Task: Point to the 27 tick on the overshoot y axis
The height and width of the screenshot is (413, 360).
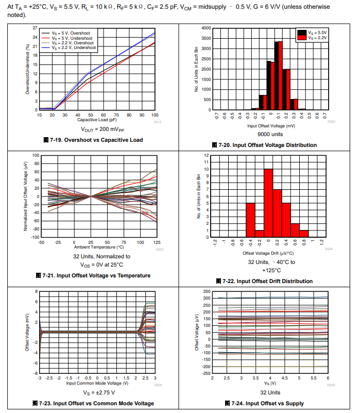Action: pyautogui.click(x=35, y=28)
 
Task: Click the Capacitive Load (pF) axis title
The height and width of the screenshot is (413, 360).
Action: pyautogui.click(x=97, y=120)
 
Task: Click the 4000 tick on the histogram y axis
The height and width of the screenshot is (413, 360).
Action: pyautogui.click(x=205, y=28)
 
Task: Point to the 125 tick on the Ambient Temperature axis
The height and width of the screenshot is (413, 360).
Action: pyautogui.click(x=155, y=242)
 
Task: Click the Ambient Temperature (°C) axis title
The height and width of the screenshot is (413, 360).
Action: pyautogui.click(x=97, y=247)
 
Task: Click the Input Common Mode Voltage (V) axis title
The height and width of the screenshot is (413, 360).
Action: pyautogui.click(x=97, y=383)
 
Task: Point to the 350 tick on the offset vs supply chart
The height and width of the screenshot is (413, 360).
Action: pyautogui.click(x=207, y=292)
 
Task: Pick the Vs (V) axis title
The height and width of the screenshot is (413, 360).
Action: pyautogui.click(x=270, y=383)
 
